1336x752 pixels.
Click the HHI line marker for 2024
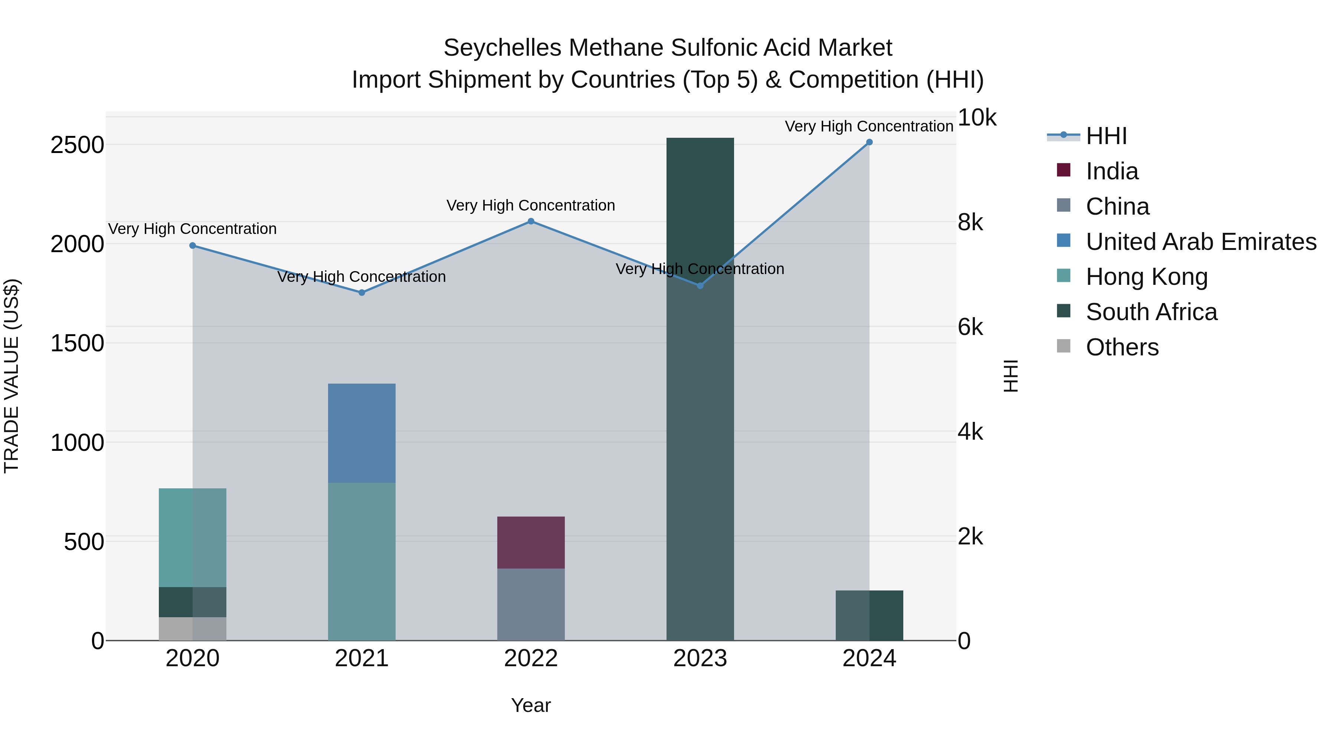[869, 142]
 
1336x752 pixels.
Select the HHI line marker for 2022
[531, 222]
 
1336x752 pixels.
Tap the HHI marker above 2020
[192, 245]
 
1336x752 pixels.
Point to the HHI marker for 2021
[361, 293]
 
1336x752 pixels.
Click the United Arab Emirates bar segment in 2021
[361, 433]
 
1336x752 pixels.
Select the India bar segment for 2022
[531, 542]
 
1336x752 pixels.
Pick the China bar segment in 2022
[531, 605]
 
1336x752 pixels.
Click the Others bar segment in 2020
[192, 629]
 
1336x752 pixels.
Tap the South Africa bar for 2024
[869, 615]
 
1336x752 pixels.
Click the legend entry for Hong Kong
[1146, 277]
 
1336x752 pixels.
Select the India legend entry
[1111, 171]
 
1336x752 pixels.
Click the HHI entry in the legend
[1106, 136]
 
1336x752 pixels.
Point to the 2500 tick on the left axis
[77, 145]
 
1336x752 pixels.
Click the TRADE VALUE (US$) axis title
[12, 376]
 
